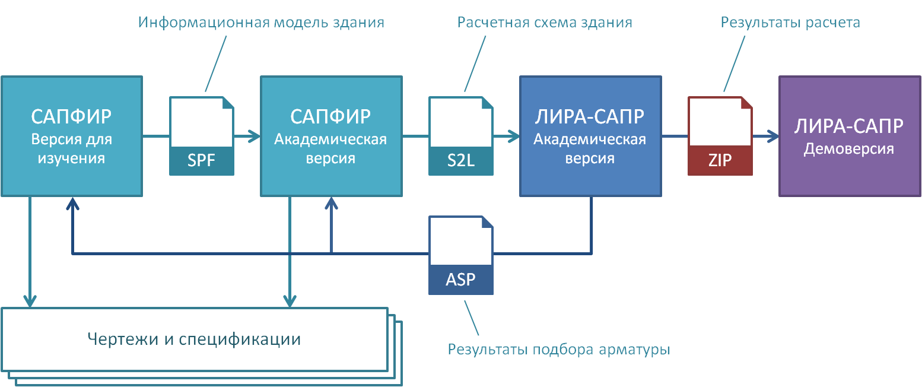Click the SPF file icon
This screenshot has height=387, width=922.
pos(202,137)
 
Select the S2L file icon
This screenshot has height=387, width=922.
pos(461,137)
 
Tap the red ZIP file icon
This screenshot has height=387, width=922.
pos(720,137)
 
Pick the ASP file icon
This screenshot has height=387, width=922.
pos(461,255)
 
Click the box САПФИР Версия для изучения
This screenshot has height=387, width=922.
pos(71,136)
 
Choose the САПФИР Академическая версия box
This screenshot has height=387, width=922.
pos(330,136)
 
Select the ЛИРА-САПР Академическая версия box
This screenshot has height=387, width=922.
pos(590,136)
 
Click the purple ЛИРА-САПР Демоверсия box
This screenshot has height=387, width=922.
pos(849,136)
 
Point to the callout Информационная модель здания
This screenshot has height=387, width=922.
pos(261,23)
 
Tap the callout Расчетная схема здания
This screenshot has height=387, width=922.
pos(545,23)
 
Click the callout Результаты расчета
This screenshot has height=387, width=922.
pos(790,23)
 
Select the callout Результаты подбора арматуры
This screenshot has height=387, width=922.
pos(559,349)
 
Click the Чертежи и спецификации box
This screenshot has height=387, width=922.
pos(194,340)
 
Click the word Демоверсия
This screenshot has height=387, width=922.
pos(848,149)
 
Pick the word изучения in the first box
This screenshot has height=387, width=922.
pos(71,159)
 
